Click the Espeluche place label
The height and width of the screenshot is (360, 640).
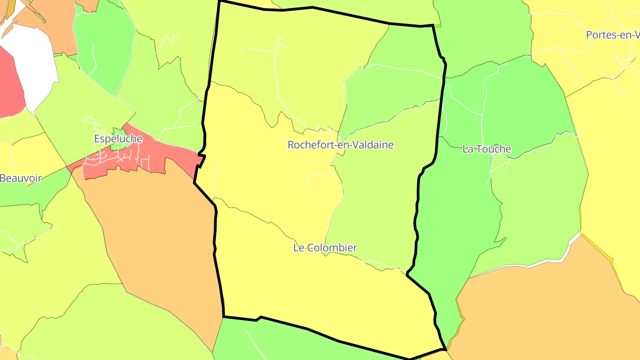click(x=118, y=139)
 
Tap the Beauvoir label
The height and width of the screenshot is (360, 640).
click(x=21, y=178)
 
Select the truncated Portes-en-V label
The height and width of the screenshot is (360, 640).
click(x=613, y=35)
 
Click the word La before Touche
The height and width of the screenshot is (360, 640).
click(x=468, y=149)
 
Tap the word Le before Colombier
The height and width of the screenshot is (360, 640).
click(x=298, y=248)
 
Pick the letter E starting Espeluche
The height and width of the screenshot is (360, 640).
click(x=97, y=139)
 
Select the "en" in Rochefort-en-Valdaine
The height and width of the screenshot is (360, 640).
click(x=340, y=145)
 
